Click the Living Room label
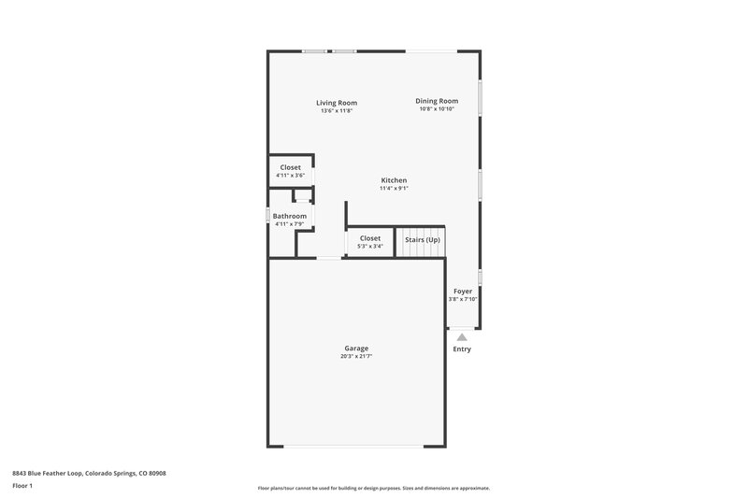(337, 103)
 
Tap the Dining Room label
(437, 101)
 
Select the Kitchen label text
(394, 180)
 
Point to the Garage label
(356, 349)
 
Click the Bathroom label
(290, 216)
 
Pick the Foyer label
(463, 292)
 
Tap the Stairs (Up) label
(422, 239)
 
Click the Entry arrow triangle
(462, 336)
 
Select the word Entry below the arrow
(462, 349)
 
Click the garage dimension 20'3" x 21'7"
(356, 356)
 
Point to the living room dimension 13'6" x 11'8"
(337, 110)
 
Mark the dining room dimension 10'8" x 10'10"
(437, 109)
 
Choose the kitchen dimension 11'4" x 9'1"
(394, 188)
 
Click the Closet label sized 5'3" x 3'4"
(370, 238)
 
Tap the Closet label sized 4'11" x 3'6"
(291, 167)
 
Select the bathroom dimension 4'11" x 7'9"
(290, 223)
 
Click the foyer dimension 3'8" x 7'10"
(463, 299)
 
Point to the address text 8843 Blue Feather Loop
(89, 473)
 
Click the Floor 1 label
(22, 487)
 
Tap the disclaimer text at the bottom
(373, 488)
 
